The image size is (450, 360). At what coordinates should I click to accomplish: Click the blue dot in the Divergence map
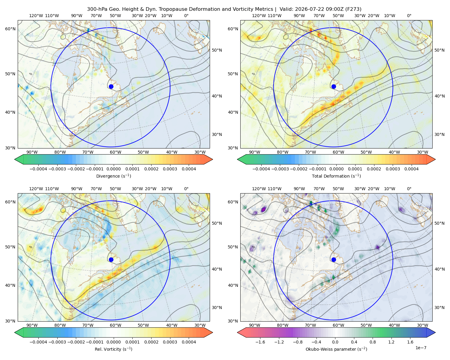111,87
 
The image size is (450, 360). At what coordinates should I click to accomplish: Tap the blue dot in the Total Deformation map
334,87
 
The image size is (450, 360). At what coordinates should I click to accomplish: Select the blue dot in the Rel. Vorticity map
111,259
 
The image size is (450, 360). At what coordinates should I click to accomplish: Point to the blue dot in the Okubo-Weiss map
334,259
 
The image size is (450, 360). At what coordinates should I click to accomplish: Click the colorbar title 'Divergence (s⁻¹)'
113,176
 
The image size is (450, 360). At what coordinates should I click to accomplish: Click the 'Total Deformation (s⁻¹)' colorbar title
336,176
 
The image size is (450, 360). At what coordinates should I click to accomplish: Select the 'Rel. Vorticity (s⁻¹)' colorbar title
113,349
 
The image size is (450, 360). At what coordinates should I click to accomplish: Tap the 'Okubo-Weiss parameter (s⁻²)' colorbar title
336,349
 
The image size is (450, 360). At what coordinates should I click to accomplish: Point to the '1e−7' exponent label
421,348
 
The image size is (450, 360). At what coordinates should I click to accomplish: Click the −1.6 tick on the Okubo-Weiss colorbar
260,342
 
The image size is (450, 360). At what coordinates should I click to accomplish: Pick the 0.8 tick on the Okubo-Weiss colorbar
373,342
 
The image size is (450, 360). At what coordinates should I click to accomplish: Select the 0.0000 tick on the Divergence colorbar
113,169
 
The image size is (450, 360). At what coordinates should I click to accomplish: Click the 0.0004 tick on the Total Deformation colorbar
411,169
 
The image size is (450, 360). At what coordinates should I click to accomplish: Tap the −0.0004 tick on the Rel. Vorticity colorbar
38,342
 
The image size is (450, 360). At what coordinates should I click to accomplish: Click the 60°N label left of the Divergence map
10,29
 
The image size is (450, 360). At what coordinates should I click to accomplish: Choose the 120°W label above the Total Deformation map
259,16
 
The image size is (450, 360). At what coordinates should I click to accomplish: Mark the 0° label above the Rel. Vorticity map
186,189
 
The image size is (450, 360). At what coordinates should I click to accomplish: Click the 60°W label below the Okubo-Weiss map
338,325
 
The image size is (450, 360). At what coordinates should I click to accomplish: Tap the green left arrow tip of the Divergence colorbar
15,159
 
